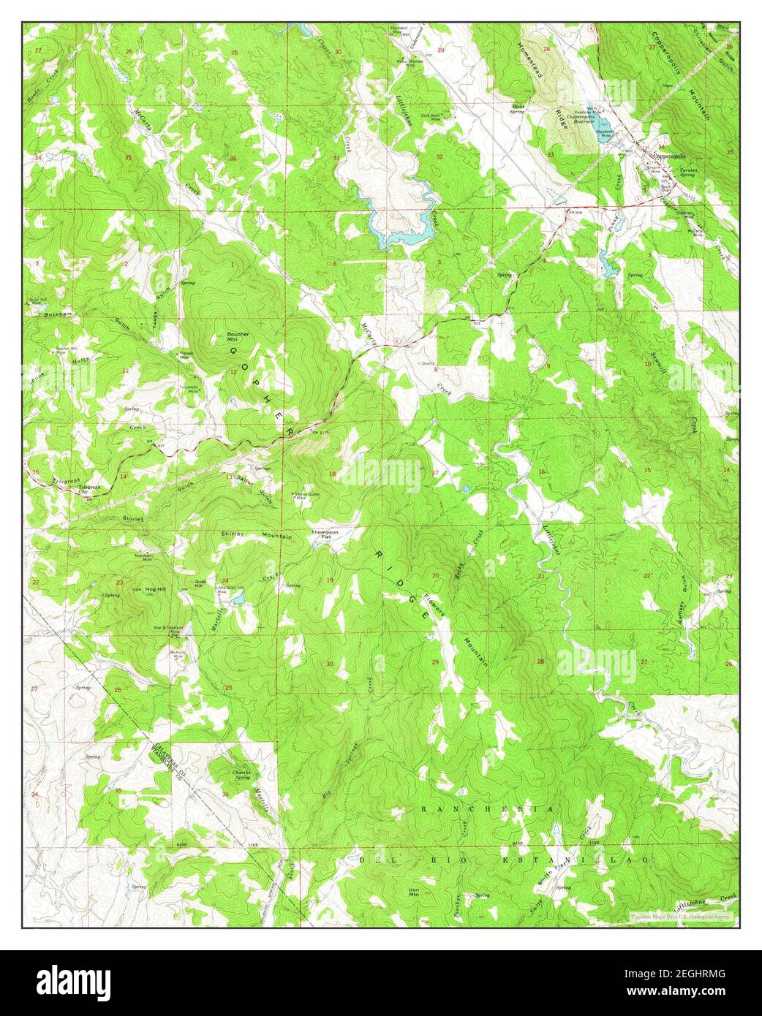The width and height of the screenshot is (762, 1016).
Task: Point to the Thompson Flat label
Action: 325,534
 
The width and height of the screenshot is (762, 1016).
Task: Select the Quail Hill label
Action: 199,583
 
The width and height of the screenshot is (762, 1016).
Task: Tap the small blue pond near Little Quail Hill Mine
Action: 238,602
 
